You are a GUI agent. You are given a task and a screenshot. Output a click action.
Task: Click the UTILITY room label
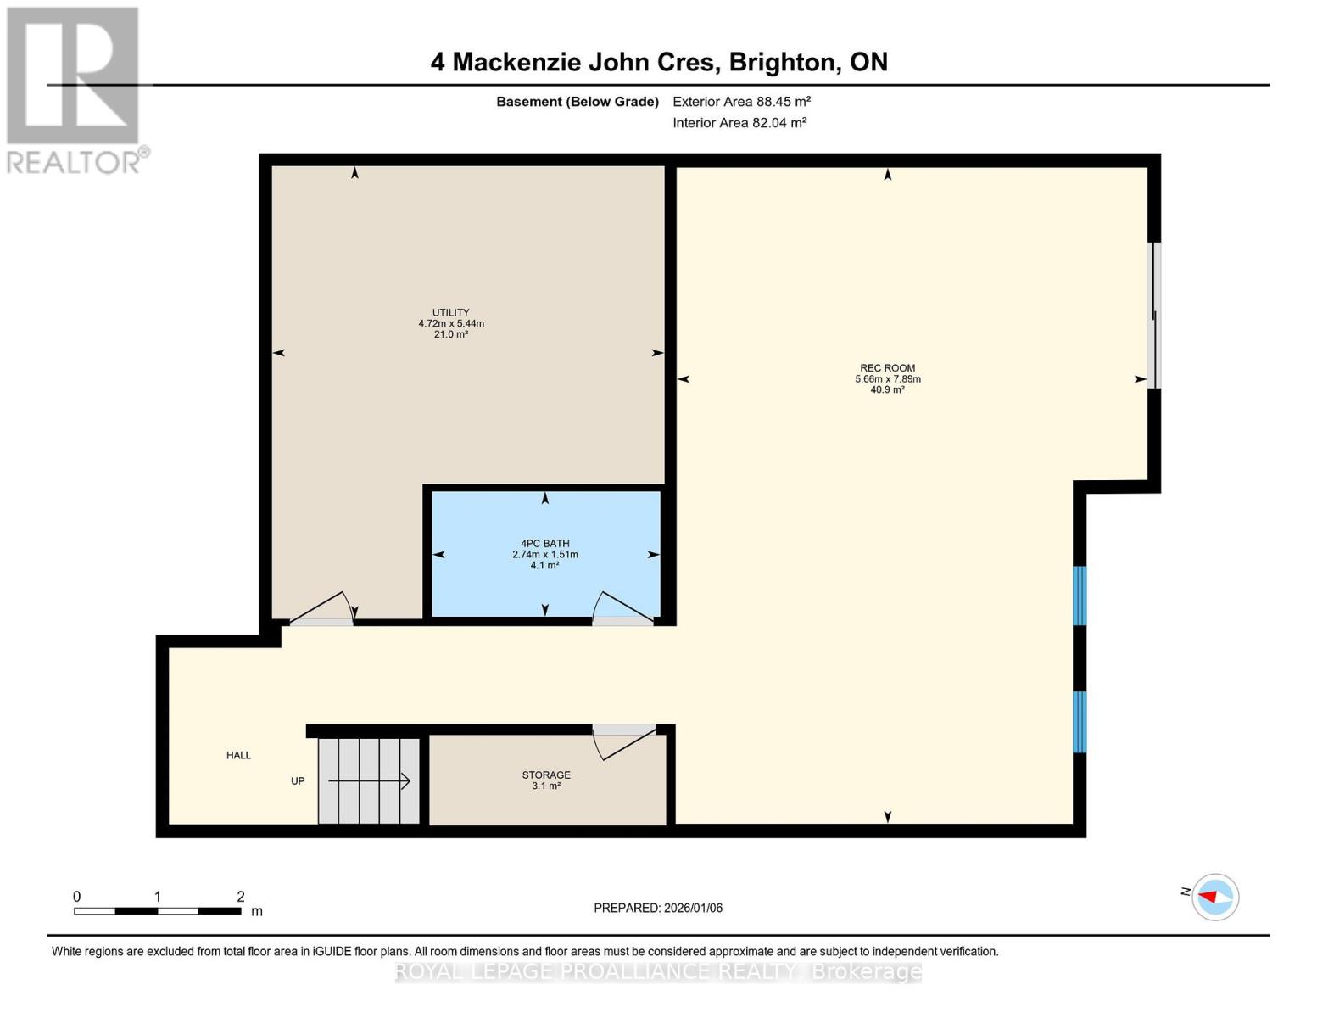point(450,312)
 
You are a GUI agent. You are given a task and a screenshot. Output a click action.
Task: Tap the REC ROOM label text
point(887,368)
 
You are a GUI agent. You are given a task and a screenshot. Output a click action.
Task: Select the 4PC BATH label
point(544,544)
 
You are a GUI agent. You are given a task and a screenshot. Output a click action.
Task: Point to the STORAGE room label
point(545,775)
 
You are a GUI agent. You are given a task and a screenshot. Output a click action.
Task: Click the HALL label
point(238,755)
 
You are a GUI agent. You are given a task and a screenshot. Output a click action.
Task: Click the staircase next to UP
point(369,780)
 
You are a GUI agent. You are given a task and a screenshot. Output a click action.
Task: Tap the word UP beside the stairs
point(298,781)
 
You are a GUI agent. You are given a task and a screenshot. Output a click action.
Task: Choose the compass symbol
point(1214,897)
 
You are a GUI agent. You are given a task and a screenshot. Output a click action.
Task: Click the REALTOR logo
point(75,89)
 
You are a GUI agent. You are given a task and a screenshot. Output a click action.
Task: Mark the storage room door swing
point(623,740)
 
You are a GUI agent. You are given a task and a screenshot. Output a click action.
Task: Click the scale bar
point(157,911)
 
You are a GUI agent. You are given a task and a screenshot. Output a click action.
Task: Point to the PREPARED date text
point(658,908)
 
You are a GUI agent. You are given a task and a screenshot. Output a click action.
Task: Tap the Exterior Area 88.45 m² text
point(741,102)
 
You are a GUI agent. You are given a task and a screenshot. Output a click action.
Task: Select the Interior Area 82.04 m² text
point(739,123)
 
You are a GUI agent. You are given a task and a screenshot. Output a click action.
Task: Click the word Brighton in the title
point(780,62)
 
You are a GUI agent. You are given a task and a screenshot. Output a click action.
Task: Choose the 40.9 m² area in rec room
point(887,390)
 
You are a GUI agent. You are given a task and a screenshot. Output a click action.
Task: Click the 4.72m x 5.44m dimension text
point(450,323)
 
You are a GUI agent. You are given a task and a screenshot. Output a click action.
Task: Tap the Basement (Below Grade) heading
point(577,102)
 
